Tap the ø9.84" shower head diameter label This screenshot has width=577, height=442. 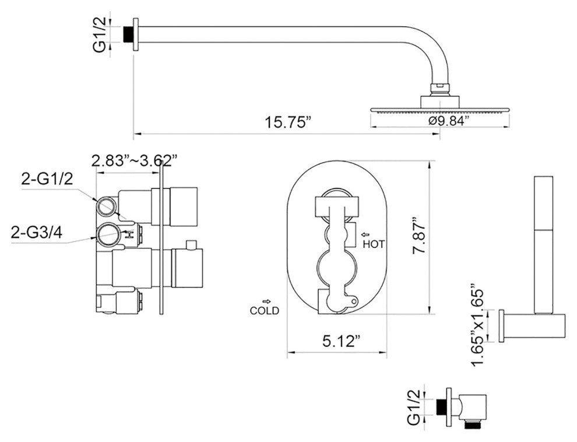click(x=449, y=120)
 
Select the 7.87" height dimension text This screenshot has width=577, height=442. click(x=419, y=237)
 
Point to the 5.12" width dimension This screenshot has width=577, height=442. click(x=341, y=341)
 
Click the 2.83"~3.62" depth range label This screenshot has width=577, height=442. click(x=135, y=160)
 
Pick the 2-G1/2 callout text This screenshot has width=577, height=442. click(x=47, y=179)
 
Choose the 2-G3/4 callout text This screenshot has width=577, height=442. click(x=37, y=233)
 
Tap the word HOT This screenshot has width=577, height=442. click(x=374, y=244)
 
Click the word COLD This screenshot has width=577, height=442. click(x=264, y=311)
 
